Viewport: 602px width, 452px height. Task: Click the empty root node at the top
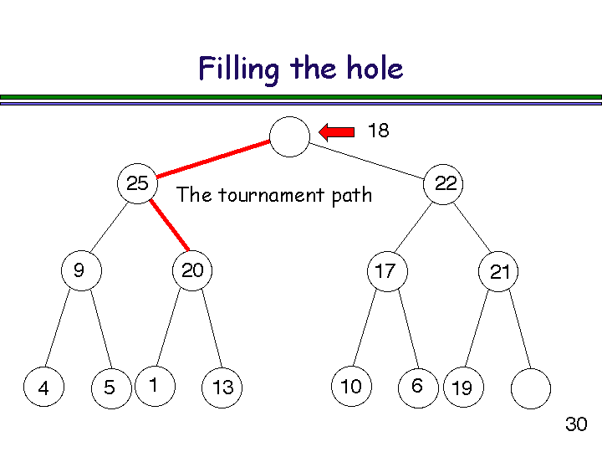point(290,136)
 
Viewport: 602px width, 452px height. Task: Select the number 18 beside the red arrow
point(378,131)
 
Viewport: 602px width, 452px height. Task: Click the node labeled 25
point(137,183)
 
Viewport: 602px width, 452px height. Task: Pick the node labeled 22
point(446,183)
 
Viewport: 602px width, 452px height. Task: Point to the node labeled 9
point(81,270)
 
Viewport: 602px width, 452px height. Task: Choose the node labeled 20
point(192,270)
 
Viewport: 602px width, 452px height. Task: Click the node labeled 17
point(385,270)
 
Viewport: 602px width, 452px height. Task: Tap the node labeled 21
point(499,271)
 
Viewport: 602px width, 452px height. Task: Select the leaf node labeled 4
point(43,388)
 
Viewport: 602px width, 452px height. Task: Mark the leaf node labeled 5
point(111,388)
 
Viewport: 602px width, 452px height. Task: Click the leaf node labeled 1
point(155,386)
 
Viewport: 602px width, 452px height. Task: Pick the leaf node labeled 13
point(222,388)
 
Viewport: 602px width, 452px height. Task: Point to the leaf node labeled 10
point(351,387)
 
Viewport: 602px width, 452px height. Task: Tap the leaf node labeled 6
point(418,387)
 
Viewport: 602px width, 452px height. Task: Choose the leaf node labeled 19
point(462,388)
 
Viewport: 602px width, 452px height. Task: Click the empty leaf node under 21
point(530,388)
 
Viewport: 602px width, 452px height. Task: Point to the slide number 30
point(576,424)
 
